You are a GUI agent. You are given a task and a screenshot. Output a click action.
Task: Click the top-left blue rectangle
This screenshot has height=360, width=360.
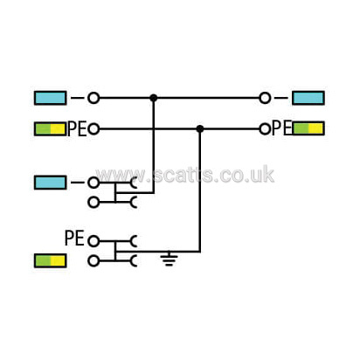pos(50,98)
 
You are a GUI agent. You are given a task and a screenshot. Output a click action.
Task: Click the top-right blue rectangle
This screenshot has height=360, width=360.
pos(308,98)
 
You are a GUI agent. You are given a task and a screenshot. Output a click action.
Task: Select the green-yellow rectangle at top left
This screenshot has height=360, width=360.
pos(50,128)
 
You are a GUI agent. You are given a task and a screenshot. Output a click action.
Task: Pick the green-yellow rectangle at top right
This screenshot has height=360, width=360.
pos(308,128)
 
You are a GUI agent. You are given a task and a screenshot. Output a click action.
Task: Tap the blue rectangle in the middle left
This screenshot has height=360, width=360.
pos(50,183)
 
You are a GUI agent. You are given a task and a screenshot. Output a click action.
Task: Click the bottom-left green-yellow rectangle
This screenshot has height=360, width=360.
pos(50,260)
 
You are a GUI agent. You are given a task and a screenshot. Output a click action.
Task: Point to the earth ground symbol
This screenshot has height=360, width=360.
pos(169,259)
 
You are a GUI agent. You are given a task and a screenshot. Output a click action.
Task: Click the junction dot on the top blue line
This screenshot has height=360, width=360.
pos(154,98)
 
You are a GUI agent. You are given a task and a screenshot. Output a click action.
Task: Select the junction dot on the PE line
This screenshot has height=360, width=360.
pos(200,128)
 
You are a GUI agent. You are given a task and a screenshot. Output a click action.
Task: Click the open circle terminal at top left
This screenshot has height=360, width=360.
pos(93,98)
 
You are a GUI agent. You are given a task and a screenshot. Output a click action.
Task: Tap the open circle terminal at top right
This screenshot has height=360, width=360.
pos(265,98)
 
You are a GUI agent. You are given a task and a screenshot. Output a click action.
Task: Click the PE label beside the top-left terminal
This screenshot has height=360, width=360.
pos(77,129)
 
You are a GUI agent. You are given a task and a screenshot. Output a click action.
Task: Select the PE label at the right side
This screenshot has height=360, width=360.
pos(281,128)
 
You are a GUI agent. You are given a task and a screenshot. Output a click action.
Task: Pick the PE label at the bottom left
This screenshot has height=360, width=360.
pos(74,238)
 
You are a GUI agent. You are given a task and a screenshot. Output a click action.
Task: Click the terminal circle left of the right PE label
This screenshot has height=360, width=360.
pos(265,128)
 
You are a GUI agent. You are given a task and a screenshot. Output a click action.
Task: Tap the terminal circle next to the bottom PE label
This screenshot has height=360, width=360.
pos(93,241)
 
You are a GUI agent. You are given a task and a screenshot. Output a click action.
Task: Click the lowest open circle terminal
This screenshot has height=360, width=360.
pos(93,261)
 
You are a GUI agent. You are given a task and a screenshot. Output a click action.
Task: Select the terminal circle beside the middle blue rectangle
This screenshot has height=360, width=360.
pos(93,183)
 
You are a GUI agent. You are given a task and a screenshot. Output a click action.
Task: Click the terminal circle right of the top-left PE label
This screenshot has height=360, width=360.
pos(93,128)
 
